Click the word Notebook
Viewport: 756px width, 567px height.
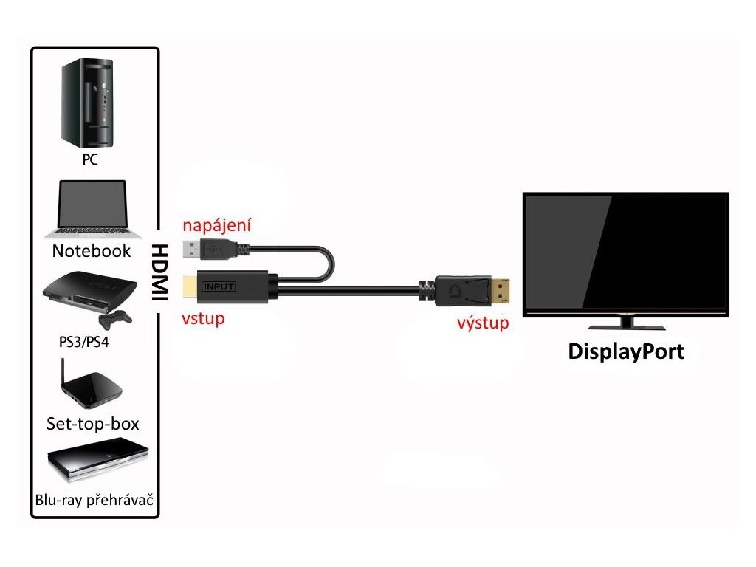pyautogui.click(x=92, y=251)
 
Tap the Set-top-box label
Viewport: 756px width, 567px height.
pyautogui.click(x=92, y=424)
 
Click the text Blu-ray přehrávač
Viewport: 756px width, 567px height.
pyautogui.click(x=94, y=500)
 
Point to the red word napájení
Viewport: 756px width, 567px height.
pyautogui.click(x=213, y=225)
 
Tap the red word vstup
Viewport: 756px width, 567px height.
pyautogui.click(x=203, y=319)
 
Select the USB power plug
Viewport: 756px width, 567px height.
pyautogui.click(x=214, y=252)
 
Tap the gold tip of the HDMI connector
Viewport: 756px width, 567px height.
pyautogui.click(x=190, y=286)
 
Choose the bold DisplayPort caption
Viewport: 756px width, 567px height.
pyautogui.click(x=625, y=351)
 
